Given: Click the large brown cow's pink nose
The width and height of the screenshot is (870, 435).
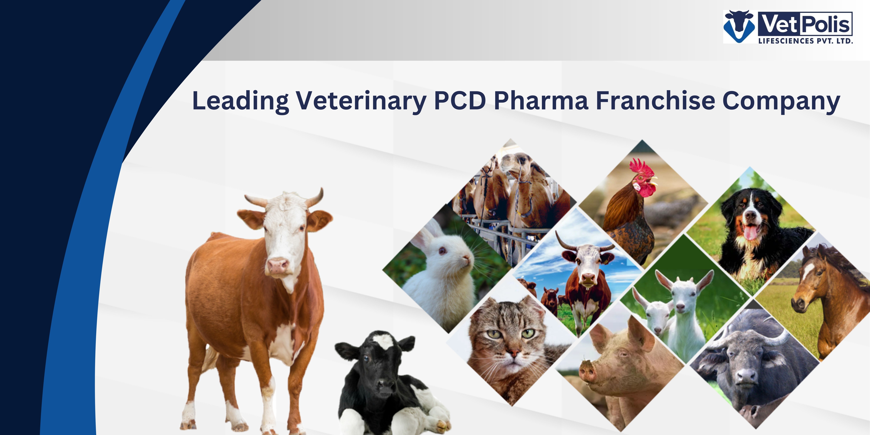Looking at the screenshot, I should click(x=278, y=265).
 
